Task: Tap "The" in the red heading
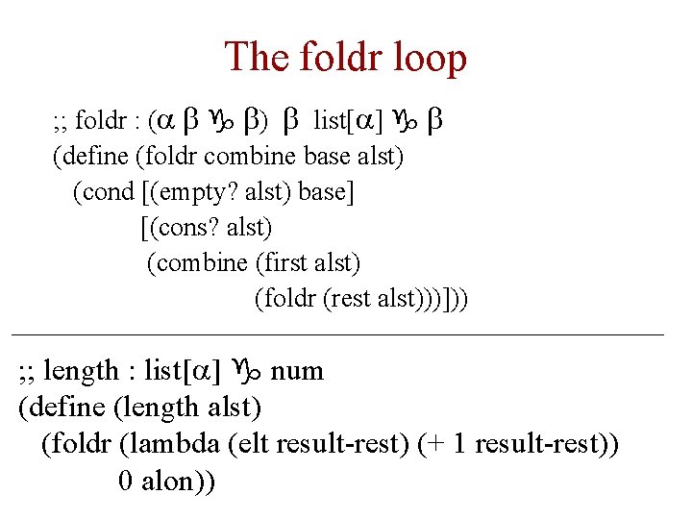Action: pyautogui.click(x=255, y=58)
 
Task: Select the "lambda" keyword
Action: pyautogui.click(x=169, y=444)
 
